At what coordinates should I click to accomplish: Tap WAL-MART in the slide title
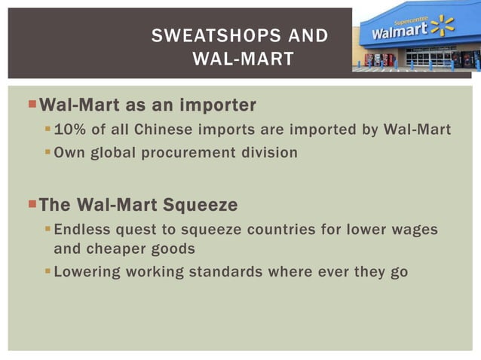pos(243,59)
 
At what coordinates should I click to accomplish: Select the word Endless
pos(82,229)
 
